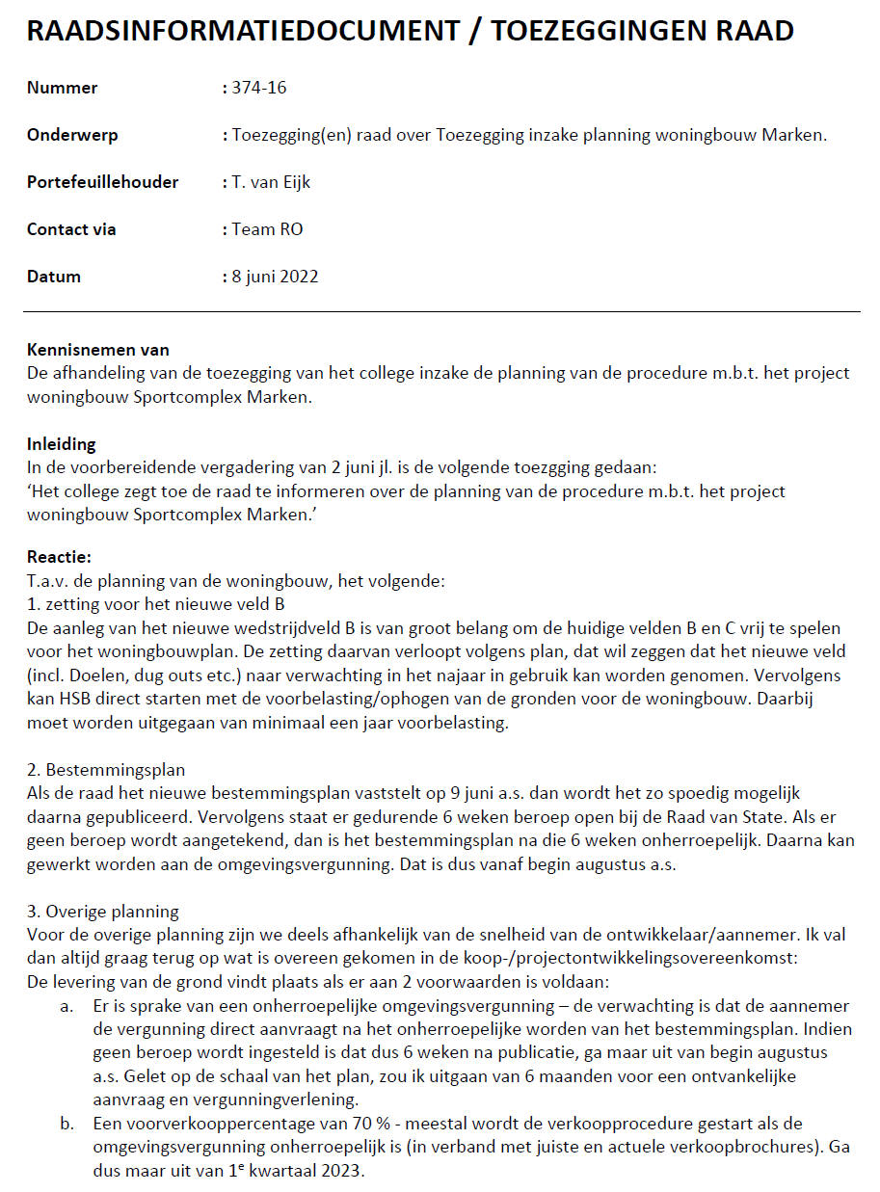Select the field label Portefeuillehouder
102,182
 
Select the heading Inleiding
62,444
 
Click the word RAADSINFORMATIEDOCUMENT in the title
243,31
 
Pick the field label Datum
54,277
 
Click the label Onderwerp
72,135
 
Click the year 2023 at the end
346,1172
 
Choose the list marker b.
66,1125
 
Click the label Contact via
71,229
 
